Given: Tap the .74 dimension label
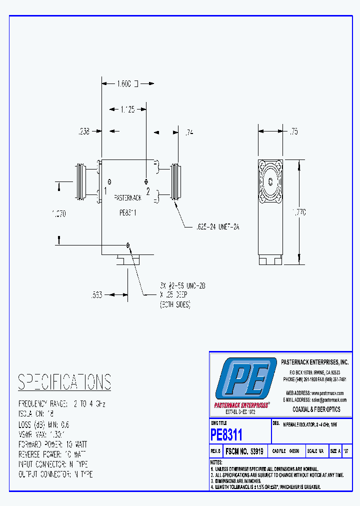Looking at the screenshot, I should click(x=189, y=132).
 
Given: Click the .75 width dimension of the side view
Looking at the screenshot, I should click(x=294, y=131).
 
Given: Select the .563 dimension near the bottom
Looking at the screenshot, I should click(x=96, y=295).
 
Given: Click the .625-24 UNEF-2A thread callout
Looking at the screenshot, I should click(x=217, y=226).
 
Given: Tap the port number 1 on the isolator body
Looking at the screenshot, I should click(x=105, y=190).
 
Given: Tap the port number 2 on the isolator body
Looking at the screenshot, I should click(x=148, y=191).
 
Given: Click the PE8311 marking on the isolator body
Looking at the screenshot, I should click(x=128, y=212).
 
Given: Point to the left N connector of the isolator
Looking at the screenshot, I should click(x=82, y=182).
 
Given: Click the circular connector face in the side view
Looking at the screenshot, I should click(x=270, y=182).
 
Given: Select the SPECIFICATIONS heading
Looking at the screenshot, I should click(x=64, y=382).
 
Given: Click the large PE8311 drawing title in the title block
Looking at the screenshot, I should click(x=226, y=434).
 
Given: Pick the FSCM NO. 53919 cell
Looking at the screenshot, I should click(x=244, y=451).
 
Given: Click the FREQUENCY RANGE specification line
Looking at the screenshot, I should click(x=62, y=403).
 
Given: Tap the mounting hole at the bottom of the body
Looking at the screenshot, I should click(x=128, y=244).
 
